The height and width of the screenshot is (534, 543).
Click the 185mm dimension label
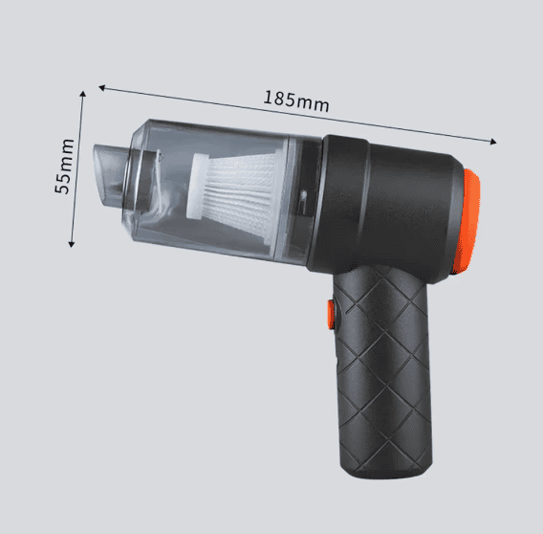coord(296,100)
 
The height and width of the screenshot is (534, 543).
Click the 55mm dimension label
coord(64,167)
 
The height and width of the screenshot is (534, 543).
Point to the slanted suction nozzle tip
coord(104,173)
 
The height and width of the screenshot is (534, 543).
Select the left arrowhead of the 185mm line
coord(101,87)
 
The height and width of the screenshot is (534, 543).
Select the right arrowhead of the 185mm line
coord(493,141)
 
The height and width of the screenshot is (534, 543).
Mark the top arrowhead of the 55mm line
coord(82,94)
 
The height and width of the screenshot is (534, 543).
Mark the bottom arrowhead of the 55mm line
coord(72,244)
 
